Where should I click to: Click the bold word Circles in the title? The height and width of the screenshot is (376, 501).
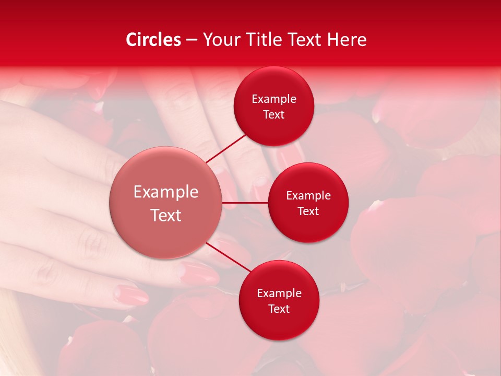click(x=153, y=40)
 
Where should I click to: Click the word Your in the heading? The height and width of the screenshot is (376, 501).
click(x=221, y=40)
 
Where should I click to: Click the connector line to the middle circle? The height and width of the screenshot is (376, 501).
click(x=245, y=203)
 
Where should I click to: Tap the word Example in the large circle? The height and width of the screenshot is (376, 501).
click(x=166, y=192)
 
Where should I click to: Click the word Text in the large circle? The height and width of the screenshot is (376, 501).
click(x=166, y=215)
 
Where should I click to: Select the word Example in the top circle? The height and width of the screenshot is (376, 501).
click(x=274, y=99)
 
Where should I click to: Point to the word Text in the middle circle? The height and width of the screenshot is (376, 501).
click(x=308, y=211)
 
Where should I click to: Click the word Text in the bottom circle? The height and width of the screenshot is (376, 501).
click(x=279, y=309)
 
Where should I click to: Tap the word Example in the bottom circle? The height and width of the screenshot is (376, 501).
click(x=279, y=293)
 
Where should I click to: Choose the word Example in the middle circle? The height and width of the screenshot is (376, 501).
click(x=308, y=195)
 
